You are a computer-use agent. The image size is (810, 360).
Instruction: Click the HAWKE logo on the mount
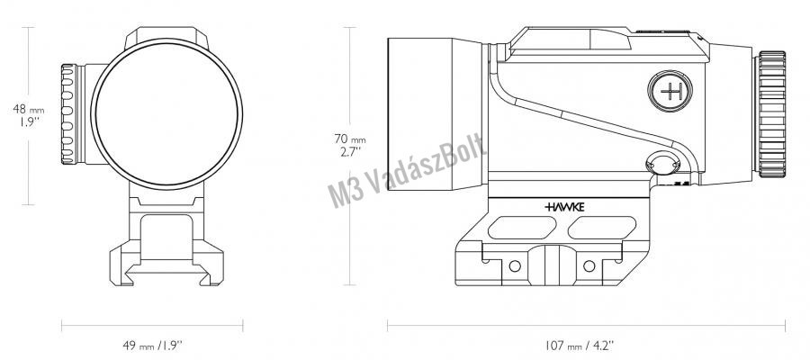coord(564,207)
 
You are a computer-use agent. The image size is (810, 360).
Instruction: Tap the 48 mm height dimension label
coord(29,115)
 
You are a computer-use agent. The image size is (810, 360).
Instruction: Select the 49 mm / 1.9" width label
coord(152,345)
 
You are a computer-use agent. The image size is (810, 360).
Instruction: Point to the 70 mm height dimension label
coord(350,145)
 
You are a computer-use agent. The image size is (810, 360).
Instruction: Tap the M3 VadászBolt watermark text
coord(407,171)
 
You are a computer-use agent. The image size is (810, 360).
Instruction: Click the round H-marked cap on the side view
coord(670,92)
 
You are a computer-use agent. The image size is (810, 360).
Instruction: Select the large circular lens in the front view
coord(166,113)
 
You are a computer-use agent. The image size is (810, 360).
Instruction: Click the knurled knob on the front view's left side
coord(69,114)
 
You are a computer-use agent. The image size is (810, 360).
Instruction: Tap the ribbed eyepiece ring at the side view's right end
coord(771,114)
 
